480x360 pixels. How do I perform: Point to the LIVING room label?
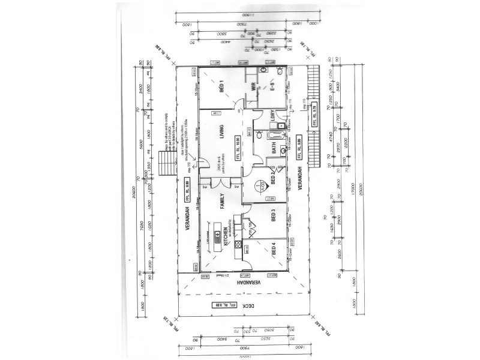coord(221,134)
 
